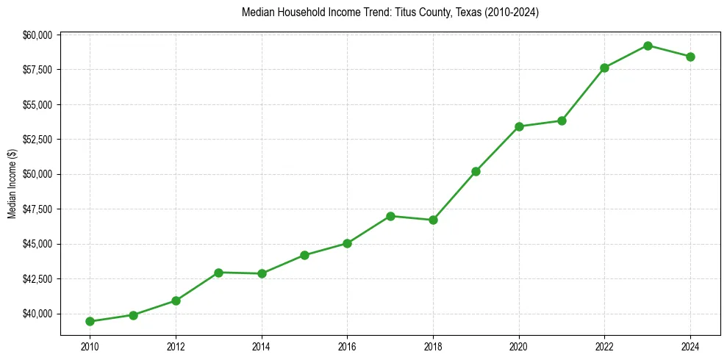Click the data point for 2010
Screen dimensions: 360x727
(x=90, y=321)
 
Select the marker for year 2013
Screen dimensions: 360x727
(x=218, y=273)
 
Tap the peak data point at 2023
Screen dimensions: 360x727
(x=648, y=46)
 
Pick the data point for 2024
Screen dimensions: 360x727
(x=690, y=57)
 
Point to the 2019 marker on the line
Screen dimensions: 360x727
(x=476, y=171)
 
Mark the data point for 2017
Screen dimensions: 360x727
(x=390, y=216)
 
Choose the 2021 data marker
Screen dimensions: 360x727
(x=562, y=120)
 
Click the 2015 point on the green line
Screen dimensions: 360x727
(x=304, y=255)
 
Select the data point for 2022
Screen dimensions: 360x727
(x=604, y=68)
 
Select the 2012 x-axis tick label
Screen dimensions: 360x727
(x=176, y=345)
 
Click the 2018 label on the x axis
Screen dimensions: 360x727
(x=433, y=345)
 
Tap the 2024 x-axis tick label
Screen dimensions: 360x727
(x=690, y=345)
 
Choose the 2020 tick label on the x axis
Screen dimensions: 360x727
(x=519, y=345)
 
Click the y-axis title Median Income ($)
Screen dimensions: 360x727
(x=12, y=184)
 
